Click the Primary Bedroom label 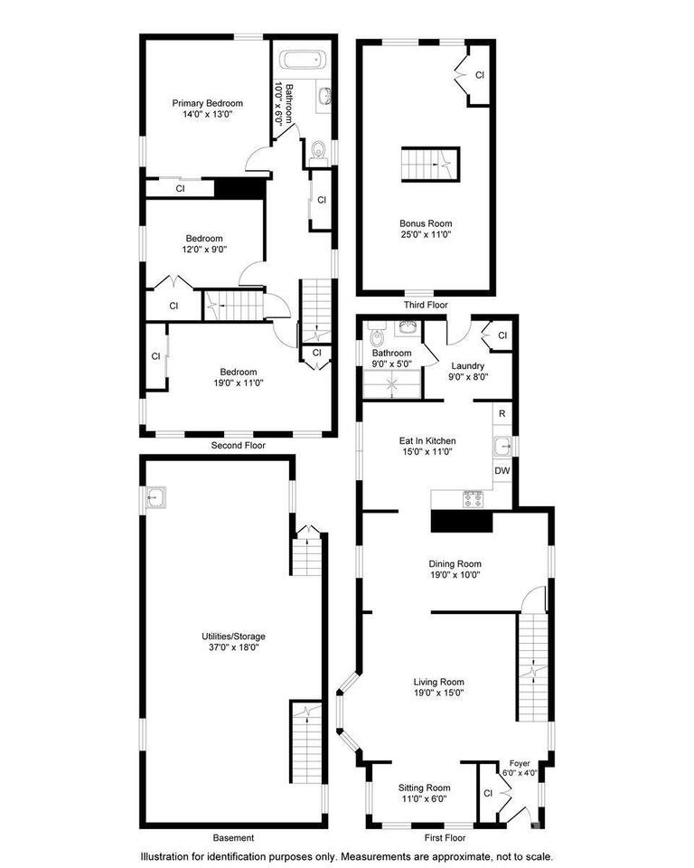[208, 108]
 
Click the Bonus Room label [426, 228]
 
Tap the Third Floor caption [426, 305]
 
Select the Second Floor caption [239, 446]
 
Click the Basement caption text [233, 837]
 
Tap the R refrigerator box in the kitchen [502, 413]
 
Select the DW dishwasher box [502, 471]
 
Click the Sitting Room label [425, 793]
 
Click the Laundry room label [468, 371]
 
